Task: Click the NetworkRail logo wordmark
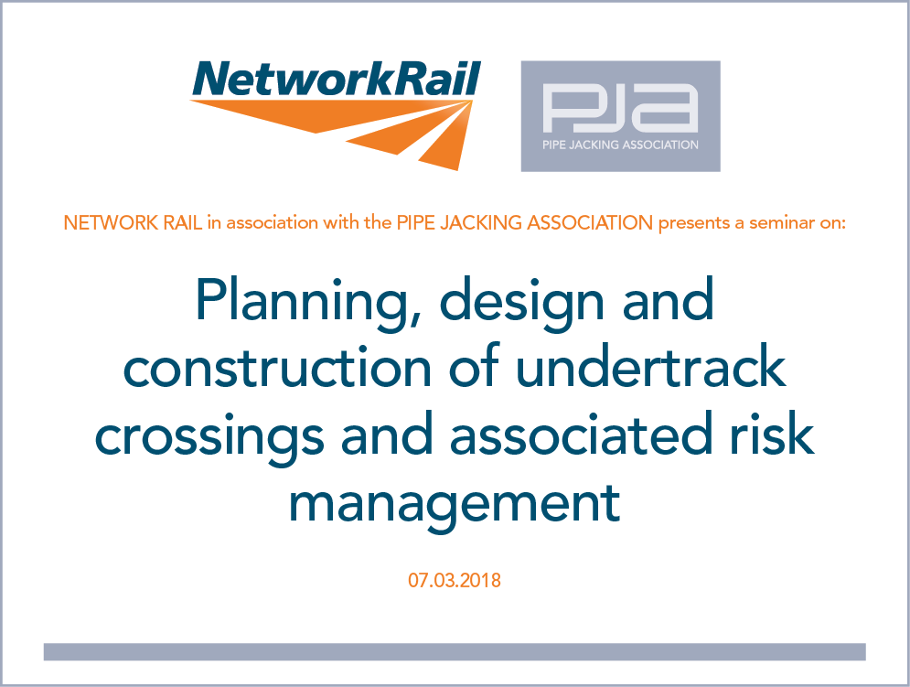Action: (337, 79)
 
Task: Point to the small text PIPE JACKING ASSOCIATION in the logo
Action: (620, 145)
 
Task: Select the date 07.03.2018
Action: (455, 580)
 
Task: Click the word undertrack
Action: (650, 365)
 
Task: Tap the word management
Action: (455, 505)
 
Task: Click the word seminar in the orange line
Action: (781, 223)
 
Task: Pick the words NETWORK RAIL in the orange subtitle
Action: (133, 223)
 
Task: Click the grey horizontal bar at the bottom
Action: (455, 651)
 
